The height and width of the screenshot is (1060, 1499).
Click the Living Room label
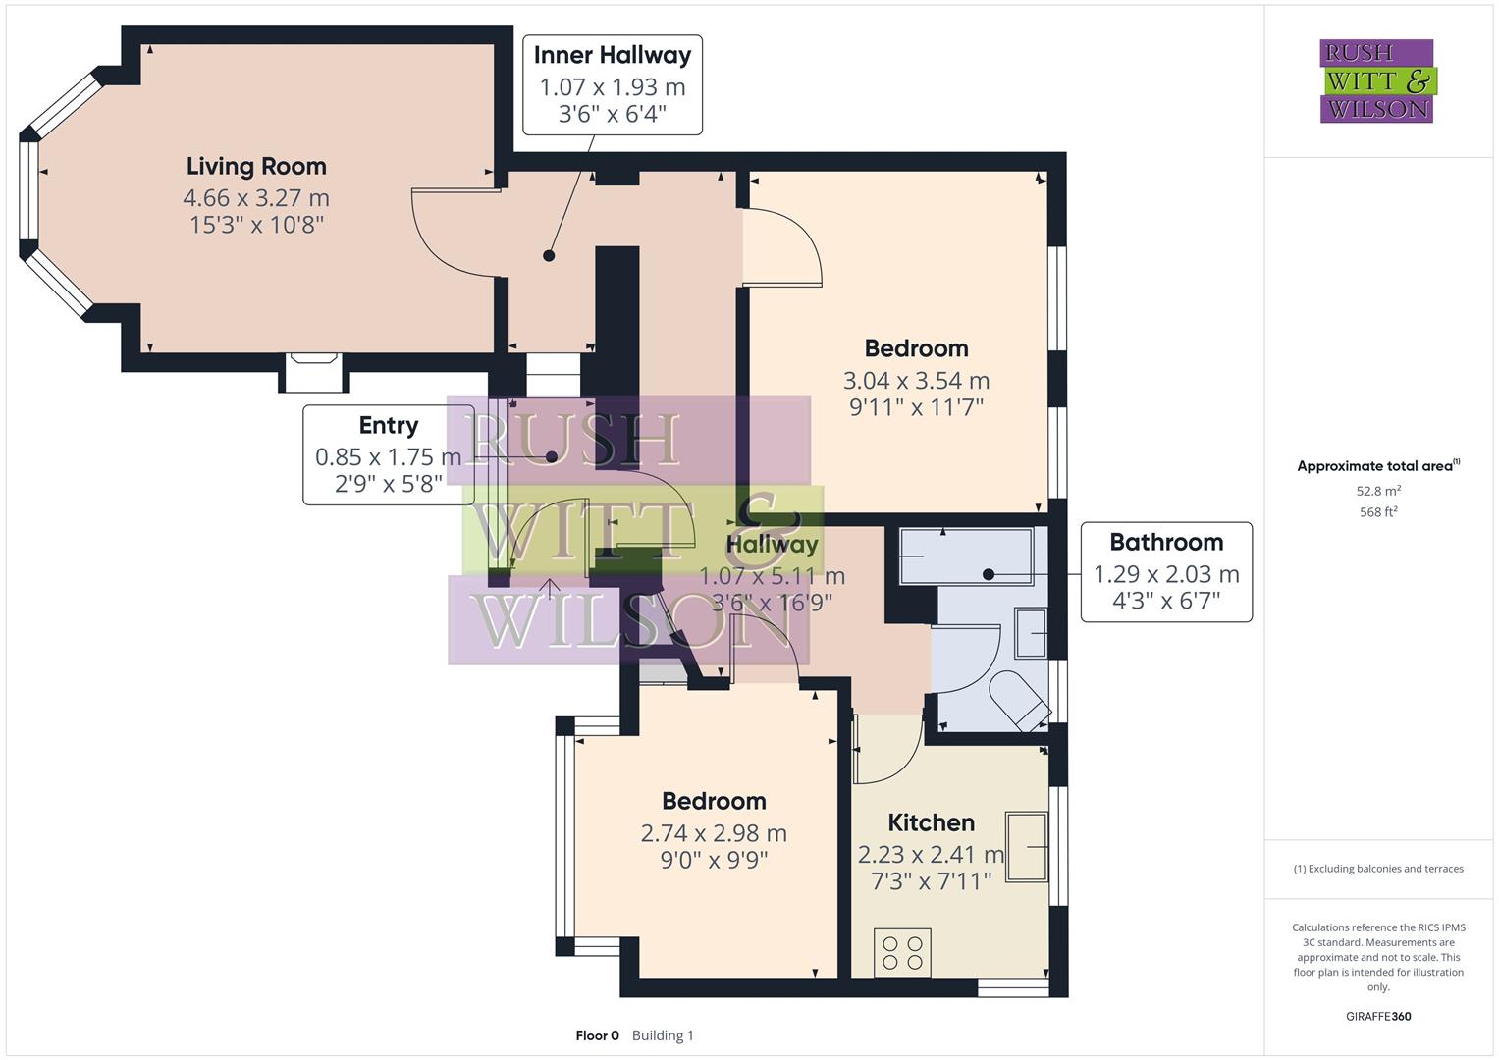pos(256,167)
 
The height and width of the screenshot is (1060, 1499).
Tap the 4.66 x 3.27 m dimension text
pos(256,197)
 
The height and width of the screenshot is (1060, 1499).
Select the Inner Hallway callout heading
pos(612,55)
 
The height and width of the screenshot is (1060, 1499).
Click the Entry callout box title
pos(388,425)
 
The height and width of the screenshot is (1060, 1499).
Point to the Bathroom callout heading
pos(1165,542)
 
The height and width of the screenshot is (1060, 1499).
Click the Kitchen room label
pos(931,822)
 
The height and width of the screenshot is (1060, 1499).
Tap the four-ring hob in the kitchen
pos(902,952)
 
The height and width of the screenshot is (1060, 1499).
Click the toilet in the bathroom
pos(1020,700)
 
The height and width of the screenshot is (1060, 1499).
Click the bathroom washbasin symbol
pos(1031,633)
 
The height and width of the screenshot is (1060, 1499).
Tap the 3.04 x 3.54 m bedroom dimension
pos(916,380)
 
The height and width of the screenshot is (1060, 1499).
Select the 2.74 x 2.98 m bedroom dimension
pos(714,833)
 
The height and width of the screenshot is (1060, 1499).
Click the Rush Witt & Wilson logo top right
pos(1376,80)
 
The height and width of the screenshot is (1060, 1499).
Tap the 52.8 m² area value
pos(1377,491)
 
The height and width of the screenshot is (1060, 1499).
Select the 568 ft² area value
pos(1377,511)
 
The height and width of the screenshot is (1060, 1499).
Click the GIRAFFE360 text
pos(1377,1016)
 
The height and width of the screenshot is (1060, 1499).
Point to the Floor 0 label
pos(597,1035)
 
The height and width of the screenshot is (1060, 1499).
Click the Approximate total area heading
pos(1377,466)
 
